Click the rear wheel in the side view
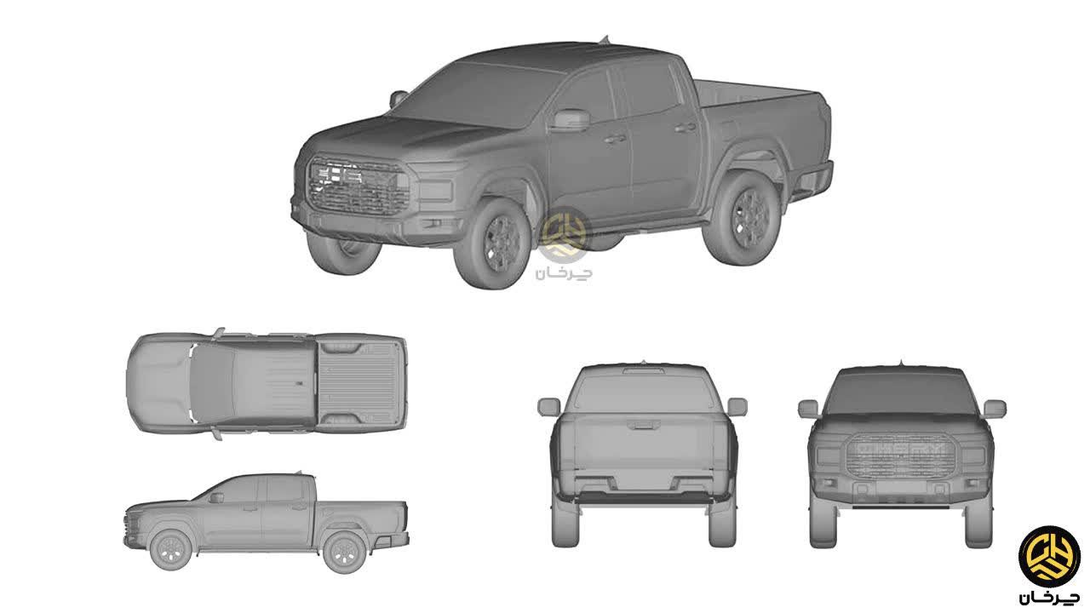coord(345,552)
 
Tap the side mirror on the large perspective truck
coord(569,120)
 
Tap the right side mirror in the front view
coord(994,409)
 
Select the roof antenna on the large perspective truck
coord(605,39)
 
